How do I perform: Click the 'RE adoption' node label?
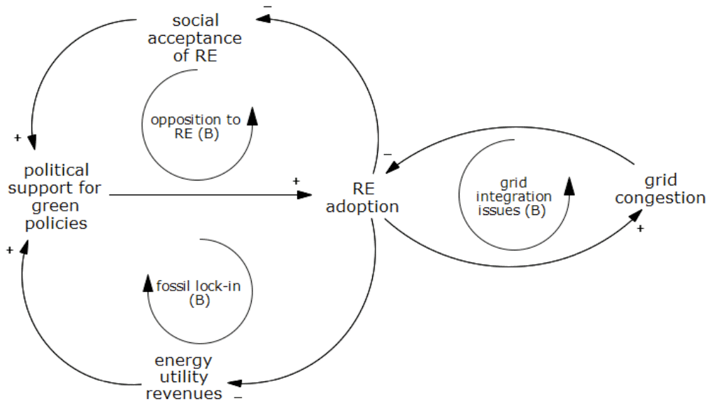coord(362,198)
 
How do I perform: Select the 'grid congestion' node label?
coord(660,190)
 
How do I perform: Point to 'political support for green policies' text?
coord(55,197)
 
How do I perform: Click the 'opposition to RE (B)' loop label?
coord(195,127)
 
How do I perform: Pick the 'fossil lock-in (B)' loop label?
coord(199,293)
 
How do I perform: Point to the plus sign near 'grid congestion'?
coord(640,229)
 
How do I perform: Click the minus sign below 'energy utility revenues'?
coord(238,397)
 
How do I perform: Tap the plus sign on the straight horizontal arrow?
coord(296,181)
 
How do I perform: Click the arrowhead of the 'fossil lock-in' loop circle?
coord(148,281)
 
